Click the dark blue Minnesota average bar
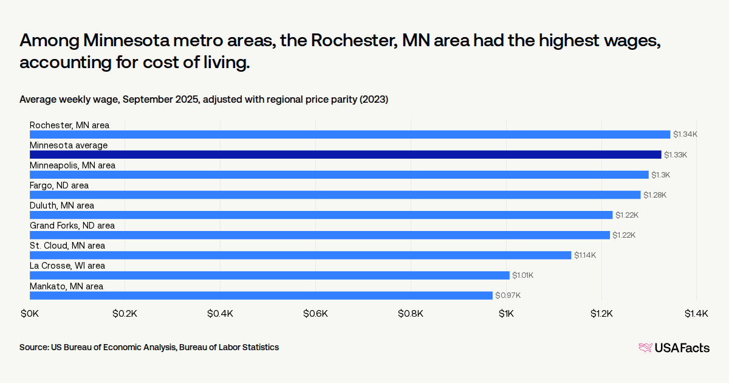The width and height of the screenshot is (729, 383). (345, 154)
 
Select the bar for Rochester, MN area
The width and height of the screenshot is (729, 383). (350, 134)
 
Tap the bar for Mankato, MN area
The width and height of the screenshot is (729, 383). (261, 295)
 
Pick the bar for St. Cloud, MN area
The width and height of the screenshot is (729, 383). (301, 255)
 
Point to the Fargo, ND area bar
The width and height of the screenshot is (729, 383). (335, 195)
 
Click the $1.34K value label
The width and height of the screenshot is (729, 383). (685, 134)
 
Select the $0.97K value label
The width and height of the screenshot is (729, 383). (508, 295)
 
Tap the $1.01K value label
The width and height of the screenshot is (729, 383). (522, 275)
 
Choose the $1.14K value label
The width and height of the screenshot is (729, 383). (584, 255)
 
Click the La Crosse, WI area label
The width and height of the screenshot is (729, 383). (67, 266)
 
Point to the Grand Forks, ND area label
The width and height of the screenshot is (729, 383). (72, 226)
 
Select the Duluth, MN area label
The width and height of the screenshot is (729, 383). (62, 205)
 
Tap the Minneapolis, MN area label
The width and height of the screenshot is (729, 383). (72, 165)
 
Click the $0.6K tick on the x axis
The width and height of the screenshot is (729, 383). (316, 314)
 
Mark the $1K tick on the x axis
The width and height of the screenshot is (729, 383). (506, 314)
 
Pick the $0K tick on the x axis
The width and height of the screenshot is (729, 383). (30, 314)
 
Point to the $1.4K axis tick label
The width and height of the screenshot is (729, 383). (696, 314)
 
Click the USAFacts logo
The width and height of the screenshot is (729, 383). (674, 348)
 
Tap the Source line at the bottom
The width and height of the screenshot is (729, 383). (149, 347)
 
